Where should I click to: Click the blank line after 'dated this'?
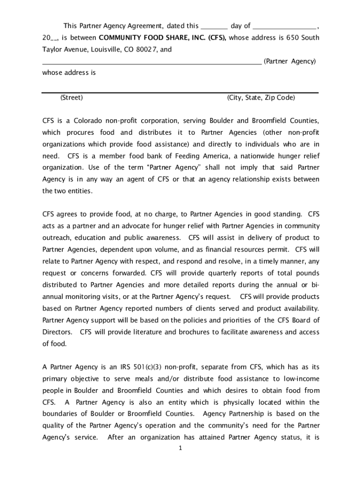[214, 27]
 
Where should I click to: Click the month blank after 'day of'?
[285, 27]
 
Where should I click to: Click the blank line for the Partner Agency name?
[152, 62]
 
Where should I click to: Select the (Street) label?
[72, 98]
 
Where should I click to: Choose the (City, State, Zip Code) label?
[261, 98]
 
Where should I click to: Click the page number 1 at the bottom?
[180, 449]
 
